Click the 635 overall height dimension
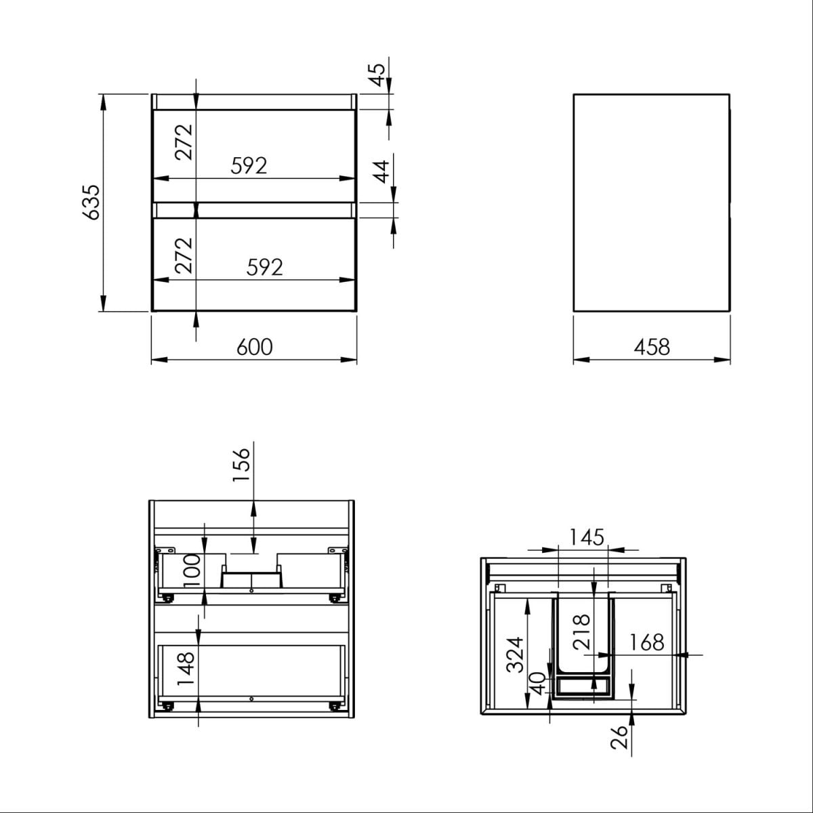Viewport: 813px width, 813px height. point(91,202)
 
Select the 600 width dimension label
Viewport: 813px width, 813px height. point(255,347)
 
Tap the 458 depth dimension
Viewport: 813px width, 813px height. point(652,347)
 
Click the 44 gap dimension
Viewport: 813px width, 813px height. point(381,171)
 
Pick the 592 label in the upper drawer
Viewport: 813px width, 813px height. point(249,166)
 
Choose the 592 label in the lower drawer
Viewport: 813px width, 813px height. point(264,267)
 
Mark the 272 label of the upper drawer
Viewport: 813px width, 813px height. point(184,142)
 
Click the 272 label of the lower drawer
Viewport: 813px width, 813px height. point(184,255)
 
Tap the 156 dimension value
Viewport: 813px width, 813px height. point(241,465)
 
